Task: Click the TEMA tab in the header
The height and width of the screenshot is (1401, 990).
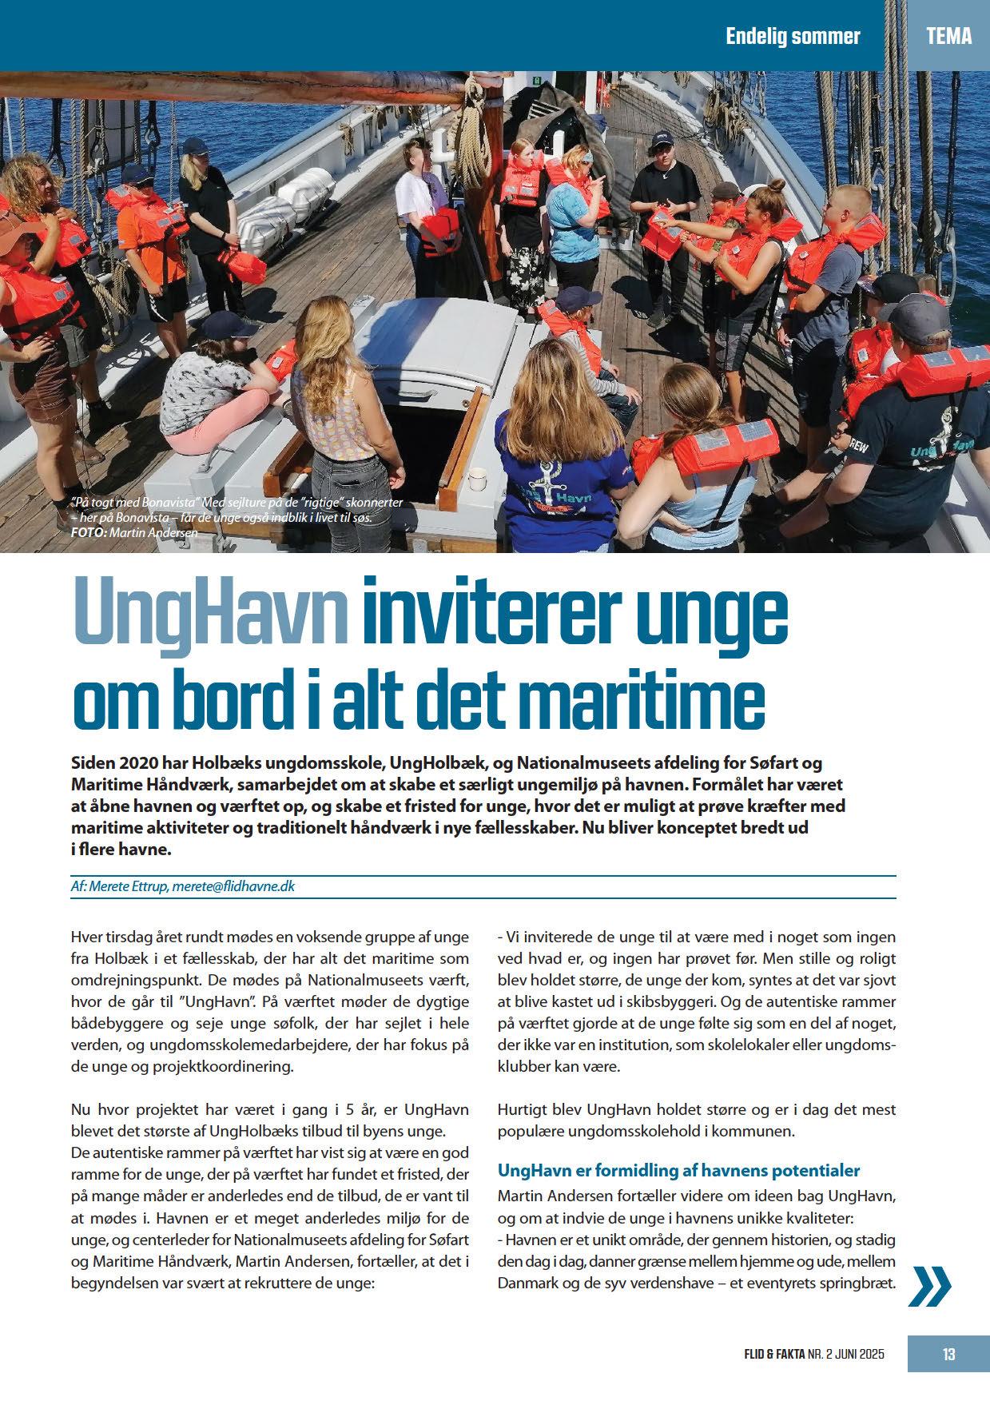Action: [x=949, y=36]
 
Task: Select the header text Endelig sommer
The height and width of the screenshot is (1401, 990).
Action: [x=793, y=36]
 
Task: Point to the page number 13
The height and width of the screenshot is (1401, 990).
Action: [x=948, y=1354]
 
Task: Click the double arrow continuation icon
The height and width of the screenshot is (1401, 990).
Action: [x=931, y=1284]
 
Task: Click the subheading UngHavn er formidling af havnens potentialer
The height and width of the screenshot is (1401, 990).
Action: [x=678, y=1170]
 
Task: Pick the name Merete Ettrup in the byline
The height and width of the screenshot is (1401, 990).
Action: [x=127, y=886]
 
